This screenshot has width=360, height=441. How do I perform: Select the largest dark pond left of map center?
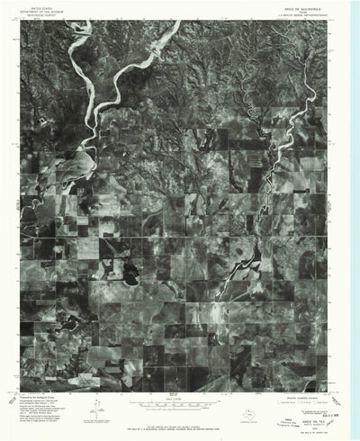point(129,274)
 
